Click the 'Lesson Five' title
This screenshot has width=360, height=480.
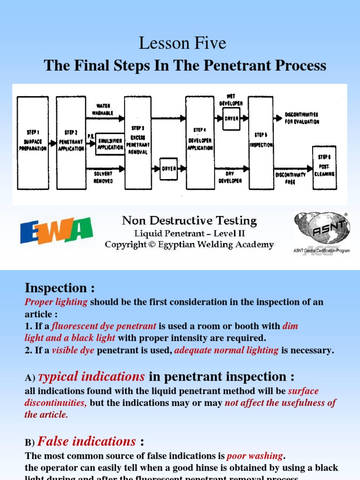pyautogui.click(x=182, y=44)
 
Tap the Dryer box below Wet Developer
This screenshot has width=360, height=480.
pyautogui.click(x=231, y=119)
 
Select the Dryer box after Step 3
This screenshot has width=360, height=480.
pyautogui.click(x=168, y=169)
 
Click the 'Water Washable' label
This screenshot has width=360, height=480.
pyautogui.click(x=103, y=109)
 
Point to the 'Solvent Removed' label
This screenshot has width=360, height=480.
pyautogui.click(x=103, y=177)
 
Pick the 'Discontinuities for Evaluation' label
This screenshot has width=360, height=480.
pyautogui.click(x=302, y=118)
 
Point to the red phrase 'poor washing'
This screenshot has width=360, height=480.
pyautogui.click(x=255, y=456)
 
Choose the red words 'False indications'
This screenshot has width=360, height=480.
pyautogui.click(x=87, y=442)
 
